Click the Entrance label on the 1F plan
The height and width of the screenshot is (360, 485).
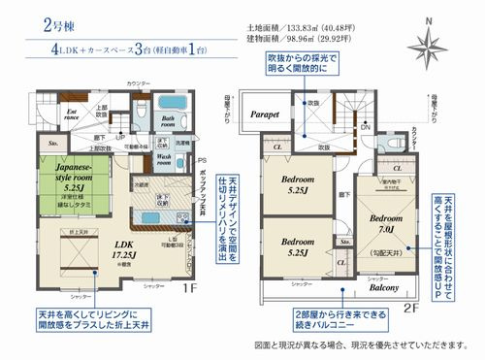[71, 115]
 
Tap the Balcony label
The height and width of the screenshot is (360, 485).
[387, 288]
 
